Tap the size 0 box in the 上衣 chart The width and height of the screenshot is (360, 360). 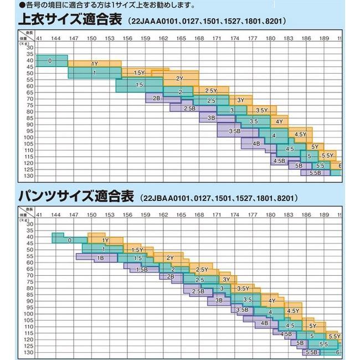pyautogui.click(x=51, y=60)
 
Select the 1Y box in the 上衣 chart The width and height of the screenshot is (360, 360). pyautogui.click(x=95, y=64)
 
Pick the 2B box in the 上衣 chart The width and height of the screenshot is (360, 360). pyautogui.click(x=156, y=98)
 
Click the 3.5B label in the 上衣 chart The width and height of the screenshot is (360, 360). pyautogui.click(x=234, y=131)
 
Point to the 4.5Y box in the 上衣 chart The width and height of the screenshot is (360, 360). pyautogui.click(x=301, y=135)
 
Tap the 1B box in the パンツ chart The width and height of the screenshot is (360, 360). pyautogui.click(x=100, y=258)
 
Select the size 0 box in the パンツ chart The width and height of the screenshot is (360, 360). pyautogui.click(x=69, y=240)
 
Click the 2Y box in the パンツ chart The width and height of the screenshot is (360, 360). pyautogui.click(x=170, y=258)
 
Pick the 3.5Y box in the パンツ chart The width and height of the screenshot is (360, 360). pyautogui.click(x=243, y=289)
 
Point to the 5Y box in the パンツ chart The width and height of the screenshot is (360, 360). pyautogui.click(x=313, y=326)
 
